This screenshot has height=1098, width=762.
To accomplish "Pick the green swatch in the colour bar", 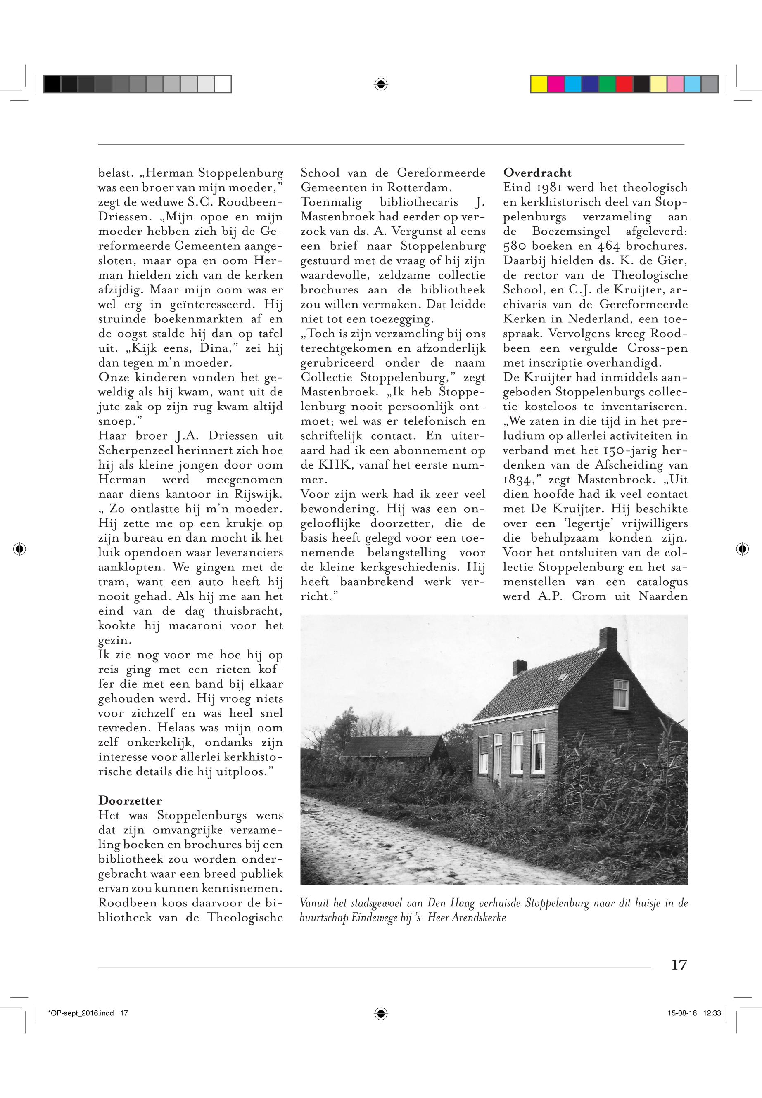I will click(607, 84).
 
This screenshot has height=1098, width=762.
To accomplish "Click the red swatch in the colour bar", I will click(624, 84).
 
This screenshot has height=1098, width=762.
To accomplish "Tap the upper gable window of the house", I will click(620, 694).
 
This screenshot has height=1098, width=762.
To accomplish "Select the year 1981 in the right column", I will click(547, 187).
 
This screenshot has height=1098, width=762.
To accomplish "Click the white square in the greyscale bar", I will click(223, 84).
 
